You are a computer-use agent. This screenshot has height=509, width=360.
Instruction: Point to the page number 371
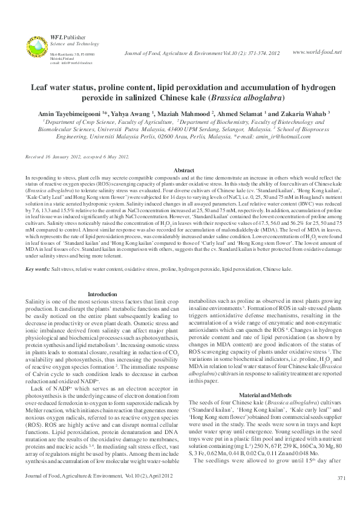[x=341, y=495]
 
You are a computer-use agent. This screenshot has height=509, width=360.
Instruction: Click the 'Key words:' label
[x=37, y=268]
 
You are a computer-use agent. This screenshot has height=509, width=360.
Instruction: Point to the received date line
[x=77, y=157]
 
